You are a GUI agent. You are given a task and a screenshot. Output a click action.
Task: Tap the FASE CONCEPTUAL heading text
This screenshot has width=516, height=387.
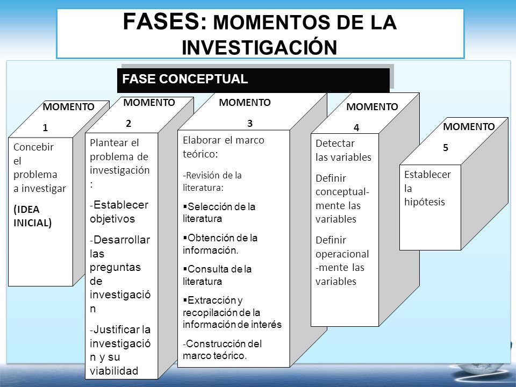[x=185, y=79]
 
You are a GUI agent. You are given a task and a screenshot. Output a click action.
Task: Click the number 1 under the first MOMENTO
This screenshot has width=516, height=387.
[x=45, y=128]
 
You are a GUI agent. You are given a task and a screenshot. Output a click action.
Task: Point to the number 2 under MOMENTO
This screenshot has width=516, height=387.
[x=128, y=124]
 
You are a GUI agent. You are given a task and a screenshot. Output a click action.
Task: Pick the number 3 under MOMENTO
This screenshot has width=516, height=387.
[x=250, y=124]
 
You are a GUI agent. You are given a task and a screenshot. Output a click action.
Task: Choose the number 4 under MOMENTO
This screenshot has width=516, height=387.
[x=356, y=128]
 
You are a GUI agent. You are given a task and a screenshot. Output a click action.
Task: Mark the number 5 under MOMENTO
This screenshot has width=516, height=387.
[x=446, y=148]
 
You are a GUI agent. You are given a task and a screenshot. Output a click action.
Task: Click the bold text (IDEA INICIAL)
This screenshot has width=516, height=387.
[x=33, y=216]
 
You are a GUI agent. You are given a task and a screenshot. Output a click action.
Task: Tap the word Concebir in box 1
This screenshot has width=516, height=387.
[x=33, y=147]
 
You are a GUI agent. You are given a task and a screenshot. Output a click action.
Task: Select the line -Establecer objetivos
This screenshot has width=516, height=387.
[x=119, y=212]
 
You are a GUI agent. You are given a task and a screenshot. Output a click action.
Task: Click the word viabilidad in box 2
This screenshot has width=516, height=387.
[x=114, y=371]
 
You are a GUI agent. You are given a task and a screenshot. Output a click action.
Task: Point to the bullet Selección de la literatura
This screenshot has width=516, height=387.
[x=219, y=213]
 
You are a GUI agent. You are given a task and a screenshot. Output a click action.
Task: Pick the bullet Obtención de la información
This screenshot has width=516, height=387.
[x=220, y=244]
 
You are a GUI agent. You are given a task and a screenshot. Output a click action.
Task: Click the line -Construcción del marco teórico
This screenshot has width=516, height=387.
[x=222, y=349]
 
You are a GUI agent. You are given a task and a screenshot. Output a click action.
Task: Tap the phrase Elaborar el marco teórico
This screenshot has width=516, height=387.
[x=224, y=147]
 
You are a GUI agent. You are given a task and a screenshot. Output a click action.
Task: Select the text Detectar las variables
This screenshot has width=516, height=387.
[x=343, y=150]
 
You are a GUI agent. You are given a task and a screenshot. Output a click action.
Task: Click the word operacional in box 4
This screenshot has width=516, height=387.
[x=342, y=254]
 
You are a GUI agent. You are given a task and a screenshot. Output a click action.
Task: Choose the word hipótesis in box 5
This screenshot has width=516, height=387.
[x=425, y=202]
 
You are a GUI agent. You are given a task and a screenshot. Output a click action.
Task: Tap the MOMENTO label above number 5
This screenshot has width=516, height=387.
[x=469, y=127]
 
